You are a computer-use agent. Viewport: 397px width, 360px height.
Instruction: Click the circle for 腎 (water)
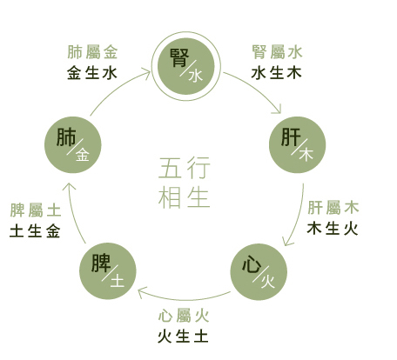(186, 66)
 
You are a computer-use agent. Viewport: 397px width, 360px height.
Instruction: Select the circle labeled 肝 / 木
(298, 145)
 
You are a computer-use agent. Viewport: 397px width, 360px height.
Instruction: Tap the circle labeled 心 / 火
(259, 271)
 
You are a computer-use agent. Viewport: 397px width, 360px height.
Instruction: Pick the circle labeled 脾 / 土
(108, 271)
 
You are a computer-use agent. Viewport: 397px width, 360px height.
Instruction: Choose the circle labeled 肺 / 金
(73, 145)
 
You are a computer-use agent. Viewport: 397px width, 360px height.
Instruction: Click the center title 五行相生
(185, 183)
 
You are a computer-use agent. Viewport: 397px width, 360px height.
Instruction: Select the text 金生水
(92, 73)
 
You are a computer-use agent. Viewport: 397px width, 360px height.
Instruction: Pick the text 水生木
(276, 73)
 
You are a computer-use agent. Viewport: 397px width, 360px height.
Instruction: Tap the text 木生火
(333, 229)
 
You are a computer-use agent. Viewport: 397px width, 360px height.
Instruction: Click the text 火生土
(183, 337)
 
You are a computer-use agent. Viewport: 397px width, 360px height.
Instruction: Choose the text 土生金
(35, 231)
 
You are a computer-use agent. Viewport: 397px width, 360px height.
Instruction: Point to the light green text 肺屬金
(92, 52)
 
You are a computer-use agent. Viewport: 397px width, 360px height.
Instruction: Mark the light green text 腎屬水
(277, 52)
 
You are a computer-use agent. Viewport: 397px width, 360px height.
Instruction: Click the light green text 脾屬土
(36, 210)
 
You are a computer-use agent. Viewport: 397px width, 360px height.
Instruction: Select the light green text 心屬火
(184, 316)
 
